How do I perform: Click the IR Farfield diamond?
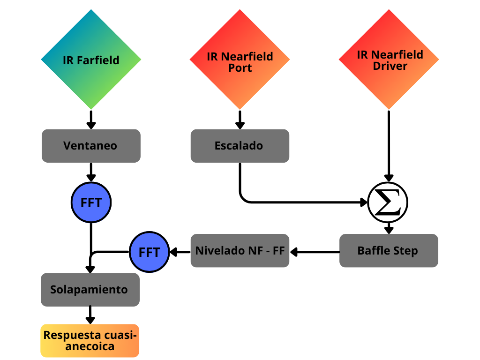(x=91, y=60)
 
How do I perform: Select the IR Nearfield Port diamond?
(x=240, y=60)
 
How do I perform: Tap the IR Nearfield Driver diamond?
(x=389, y=60)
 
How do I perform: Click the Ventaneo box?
(x=91, y=146)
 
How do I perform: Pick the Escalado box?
(x=240, y=146)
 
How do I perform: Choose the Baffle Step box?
(x=389, y=250)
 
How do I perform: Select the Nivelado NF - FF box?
(x=240, y=250)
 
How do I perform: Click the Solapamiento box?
(x=90, y=290)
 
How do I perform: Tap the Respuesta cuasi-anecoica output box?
(x=90, y=341)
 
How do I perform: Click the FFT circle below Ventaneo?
(x=91, y=202)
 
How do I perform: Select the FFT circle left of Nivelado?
(x=149, y=252)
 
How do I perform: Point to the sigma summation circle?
(x=388, y=202)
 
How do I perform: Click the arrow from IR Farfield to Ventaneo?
(x=91, y=120)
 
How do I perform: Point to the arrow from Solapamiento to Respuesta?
(x=90, y=315)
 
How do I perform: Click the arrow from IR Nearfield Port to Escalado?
(x=240, y=120)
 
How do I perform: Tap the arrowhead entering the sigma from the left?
(x=364, y=202)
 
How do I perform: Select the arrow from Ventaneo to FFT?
(x=91, y=172)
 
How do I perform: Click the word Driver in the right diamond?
(x=390, y=66)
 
